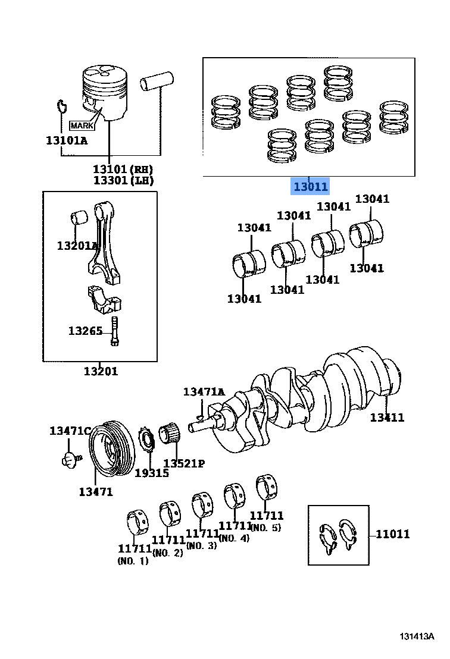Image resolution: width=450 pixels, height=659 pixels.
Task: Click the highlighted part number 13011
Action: click(309, 187)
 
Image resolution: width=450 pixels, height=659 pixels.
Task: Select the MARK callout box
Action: click(82, 125)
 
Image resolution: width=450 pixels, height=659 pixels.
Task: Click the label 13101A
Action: click(66, 141)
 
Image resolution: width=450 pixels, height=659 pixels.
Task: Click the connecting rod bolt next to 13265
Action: click(115, 331)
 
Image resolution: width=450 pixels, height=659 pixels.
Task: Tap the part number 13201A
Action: click(77, 246)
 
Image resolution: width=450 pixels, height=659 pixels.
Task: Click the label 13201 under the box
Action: click(100, 371)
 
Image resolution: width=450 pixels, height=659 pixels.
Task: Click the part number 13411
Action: click(386, 418)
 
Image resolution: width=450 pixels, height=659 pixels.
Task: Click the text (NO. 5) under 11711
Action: click(266, 528)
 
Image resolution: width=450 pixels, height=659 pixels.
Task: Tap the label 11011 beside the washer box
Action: click(392, 534)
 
